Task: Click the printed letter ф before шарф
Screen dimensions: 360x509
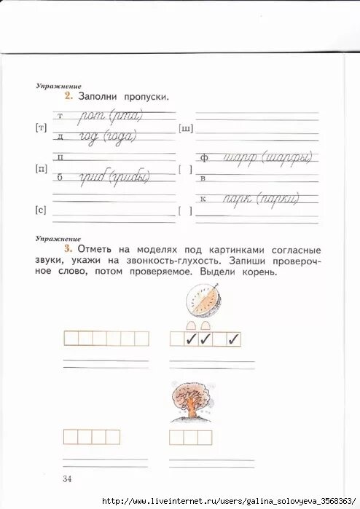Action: (205, 156)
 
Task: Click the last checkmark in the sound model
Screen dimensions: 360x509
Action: (234, 339)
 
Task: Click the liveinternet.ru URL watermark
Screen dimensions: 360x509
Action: (230, 502)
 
